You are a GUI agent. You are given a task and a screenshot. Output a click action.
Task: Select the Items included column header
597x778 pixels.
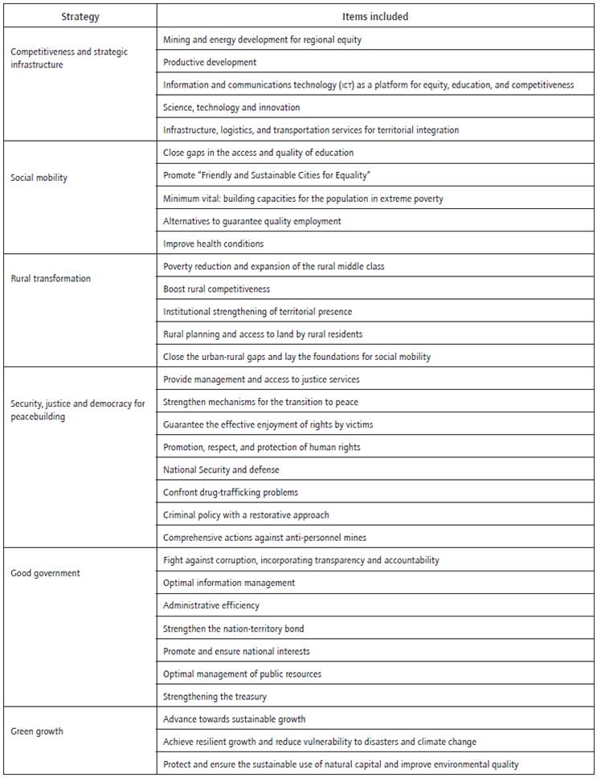(x=375, y=15)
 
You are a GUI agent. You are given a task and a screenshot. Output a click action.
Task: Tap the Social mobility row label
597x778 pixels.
(x=39, y=178)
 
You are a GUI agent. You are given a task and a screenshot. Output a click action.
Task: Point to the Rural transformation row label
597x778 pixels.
(x=51, y=279)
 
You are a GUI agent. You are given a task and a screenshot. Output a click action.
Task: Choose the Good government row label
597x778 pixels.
(x=45, y=573)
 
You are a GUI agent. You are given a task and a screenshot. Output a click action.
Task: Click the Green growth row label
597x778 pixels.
(x=37, y=731)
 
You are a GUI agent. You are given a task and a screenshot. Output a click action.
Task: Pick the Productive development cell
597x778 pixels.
(x=210, y=62)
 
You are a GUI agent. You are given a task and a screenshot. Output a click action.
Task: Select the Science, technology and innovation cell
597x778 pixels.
(x=231, y=107)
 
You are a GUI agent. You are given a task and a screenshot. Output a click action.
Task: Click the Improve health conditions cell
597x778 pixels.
(x=213, y=244)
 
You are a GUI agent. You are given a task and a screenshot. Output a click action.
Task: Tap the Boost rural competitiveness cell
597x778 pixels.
(x=216, y=289)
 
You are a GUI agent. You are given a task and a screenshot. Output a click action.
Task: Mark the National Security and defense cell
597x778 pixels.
(x=221, y=469)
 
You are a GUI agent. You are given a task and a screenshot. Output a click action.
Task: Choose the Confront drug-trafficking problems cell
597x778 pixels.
(x=231, y=492)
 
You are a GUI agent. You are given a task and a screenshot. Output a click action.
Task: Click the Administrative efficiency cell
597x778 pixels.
(x=211, y=605)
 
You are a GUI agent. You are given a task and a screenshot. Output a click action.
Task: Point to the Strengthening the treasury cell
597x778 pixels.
(x=215, y=696)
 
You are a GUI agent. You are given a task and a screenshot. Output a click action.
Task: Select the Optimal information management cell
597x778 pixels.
(x=229, y=583)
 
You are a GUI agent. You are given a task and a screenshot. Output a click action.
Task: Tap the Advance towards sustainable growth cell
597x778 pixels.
(x=234, y=719)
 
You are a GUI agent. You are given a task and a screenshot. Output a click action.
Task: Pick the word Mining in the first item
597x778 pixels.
(x=177, y=39)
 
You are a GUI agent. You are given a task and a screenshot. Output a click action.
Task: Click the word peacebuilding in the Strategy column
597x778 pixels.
(x=39, y=417)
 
